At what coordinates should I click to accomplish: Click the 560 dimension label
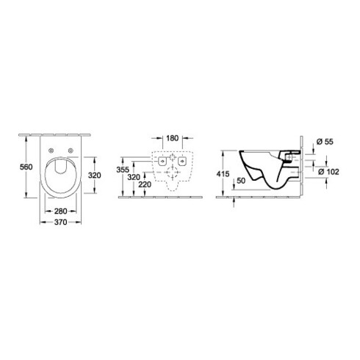[26, 167]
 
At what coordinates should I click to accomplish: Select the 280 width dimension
[60, 211]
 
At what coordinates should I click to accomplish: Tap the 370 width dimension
[60, 222]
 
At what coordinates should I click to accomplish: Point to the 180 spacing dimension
[173, 138]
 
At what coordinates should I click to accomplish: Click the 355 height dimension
[123, 170]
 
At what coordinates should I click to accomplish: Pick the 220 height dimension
[145, 184]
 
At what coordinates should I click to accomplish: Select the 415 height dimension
[223, 173]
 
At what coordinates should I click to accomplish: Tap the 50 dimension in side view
[241, 181]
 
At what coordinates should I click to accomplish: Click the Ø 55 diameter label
[325, 142]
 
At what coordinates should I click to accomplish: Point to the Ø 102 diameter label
[328, 172]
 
